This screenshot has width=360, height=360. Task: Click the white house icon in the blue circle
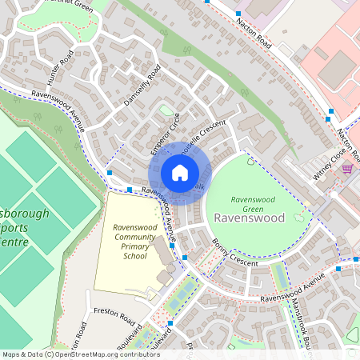pos(180,172)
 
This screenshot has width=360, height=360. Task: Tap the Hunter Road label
pos(61,65)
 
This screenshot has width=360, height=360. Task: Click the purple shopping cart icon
pos(346,169)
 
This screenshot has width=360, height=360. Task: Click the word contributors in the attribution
pos(134,354)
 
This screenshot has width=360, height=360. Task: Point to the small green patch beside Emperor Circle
pos(166,110)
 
